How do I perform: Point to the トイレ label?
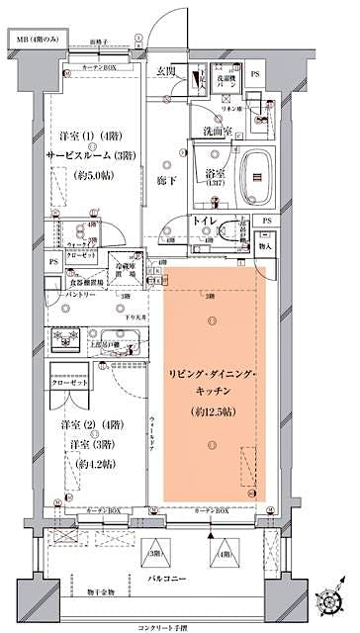pos(206,223)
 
